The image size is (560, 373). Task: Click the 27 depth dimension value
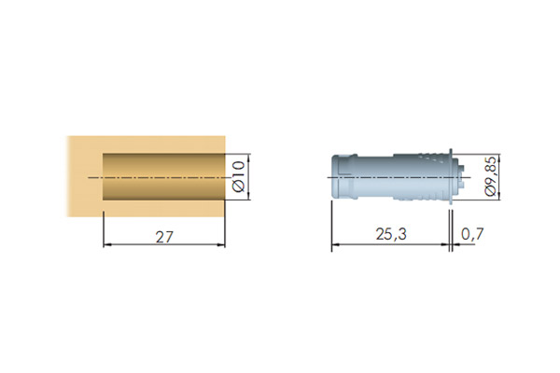tap(164, 237)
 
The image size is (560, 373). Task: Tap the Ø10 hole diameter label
tap(239, 176)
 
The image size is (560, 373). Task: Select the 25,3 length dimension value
tap(391, 234)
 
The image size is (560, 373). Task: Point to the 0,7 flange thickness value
tap(472, 234)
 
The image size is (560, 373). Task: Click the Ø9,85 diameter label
tap(492, 176)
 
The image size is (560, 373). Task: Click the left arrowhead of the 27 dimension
tap(107, 244)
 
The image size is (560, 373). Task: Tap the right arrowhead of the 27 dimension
tap(220, 244)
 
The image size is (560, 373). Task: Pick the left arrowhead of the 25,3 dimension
tap(336, 244)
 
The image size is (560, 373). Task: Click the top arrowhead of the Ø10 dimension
tap(249, 158)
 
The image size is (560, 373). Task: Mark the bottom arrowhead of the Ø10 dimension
tap(249, 196)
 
